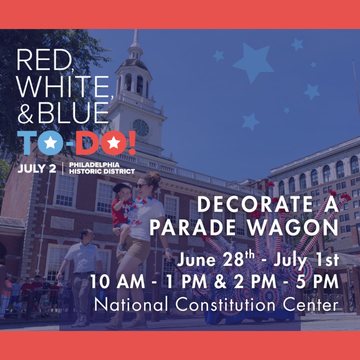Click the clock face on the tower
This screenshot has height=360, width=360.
pos(141,127)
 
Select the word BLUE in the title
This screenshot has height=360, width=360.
pos(73,113)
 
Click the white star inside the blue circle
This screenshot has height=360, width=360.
pos(50,143)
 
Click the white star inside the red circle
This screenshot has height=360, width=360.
pos(114,143)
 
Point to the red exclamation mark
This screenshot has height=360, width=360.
pos(132,143)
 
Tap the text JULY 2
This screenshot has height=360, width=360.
pos(37,169)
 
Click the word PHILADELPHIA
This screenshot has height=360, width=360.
pos(94,165)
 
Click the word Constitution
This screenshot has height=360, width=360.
pos(225,305)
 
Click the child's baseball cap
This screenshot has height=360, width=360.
pos(123,187)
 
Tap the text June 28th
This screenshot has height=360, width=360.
pos(216,259)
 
